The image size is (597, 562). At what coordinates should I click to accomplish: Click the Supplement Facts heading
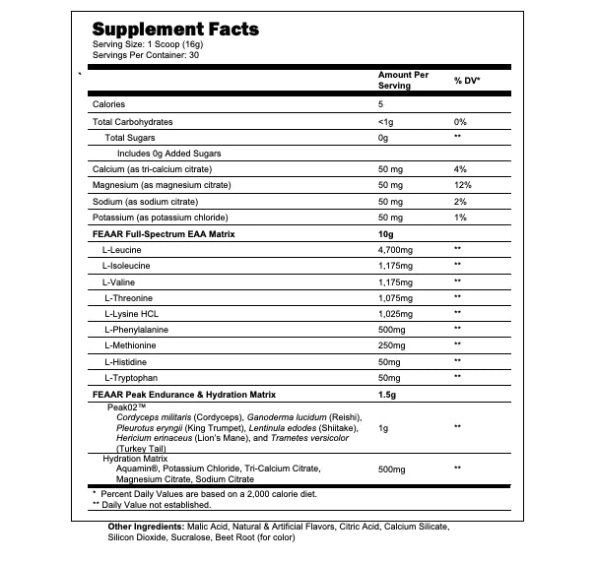click(x=174, y=29)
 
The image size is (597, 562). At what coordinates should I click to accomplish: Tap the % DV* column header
click(x=466, y=80)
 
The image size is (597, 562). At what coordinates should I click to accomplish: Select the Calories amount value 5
click(x=380, y=104)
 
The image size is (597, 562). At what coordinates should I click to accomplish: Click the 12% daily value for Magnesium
click(x=461, y=185)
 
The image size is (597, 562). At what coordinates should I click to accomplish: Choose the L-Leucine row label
click(x=122, y=249)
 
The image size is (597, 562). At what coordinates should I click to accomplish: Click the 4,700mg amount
click(x=399, y=249)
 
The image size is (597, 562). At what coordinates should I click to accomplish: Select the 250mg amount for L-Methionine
click(x=393, y=345)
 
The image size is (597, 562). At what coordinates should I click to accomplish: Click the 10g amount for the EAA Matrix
click(x=384, y=233)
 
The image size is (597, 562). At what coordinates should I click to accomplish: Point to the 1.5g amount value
click(x=387, y=394)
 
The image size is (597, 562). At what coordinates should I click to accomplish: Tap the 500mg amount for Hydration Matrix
click(x=393, y=468)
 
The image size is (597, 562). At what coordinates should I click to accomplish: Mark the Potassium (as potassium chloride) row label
click(x=161, y=217)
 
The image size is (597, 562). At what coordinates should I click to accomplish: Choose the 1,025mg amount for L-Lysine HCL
click(x=398, y=313)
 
